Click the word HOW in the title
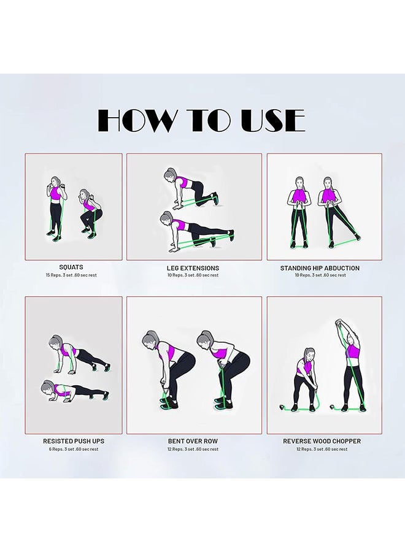(137, 121)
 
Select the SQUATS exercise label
(71, 267)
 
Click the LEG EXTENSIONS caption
(193, 268)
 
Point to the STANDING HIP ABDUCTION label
(320, 268)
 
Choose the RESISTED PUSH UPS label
(74, 441)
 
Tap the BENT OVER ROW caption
(193, 441)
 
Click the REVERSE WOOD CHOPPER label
(322, 441)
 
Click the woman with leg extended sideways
(334, 212)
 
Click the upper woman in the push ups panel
(77, 355)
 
